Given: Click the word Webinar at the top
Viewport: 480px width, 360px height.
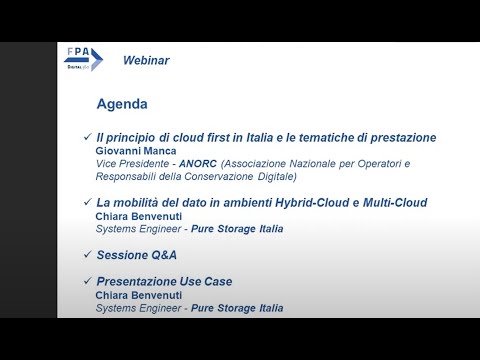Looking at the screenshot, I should pyautogui.click(x=145, y=60).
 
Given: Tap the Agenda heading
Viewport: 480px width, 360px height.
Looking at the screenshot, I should pyautogui.click(x=122, y=104).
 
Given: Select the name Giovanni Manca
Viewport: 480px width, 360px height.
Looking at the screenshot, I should pyautogui.click(x=137, y=150).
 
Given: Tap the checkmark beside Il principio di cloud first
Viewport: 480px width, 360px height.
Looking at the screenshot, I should pyautogui.click(x=87, y=137).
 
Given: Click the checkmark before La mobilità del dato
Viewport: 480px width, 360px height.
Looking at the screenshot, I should pyautogui.click(x=87, y=202).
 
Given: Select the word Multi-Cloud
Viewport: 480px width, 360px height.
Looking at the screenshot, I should pyautogui.click(x=392, y=202).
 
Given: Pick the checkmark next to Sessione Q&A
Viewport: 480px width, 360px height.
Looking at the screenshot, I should pyautogui.click(x=87, y=255).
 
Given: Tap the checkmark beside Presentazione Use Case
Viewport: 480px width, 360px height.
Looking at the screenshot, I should pyautogui.click(x=87, y=282).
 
